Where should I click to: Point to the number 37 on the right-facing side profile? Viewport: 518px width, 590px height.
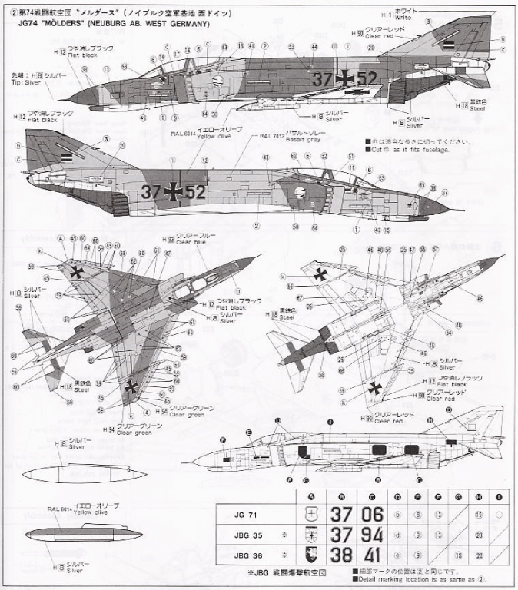pyautogui.click(x=152, y=192)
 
